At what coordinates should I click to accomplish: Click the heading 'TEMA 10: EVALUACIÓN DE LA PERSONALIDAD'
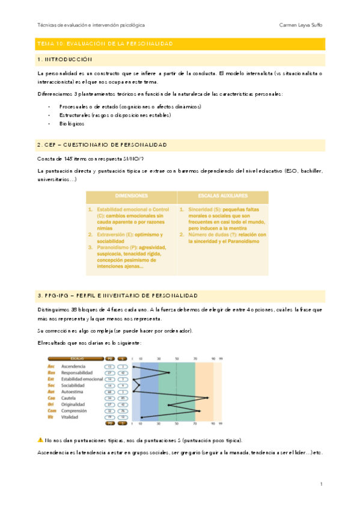[x=105, y=45]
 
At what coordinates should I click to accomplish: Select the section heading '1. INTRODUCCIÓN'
[x=65, y=60]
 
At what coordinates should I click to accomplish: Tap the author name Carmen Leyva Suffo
[x=301, y=25]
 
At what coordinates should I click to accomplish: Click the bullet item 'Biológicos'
[x=72, y=123]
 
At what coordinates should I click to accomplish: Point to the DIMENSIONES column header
[x=132, y=197]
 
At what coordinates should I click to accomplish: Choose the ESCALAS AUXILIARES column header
[x=223, y=197]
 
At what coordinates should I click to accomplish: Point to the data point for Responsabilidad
[x=169, y=373]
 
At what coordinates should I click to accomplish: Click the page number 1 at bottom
[x=322, y=484]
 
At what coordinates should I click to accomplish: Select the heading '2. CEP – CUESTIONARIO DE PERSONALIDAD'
[x=102, y=146]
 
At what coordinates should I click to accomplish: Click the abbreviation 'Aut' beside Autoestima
[x=51, y=392]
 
